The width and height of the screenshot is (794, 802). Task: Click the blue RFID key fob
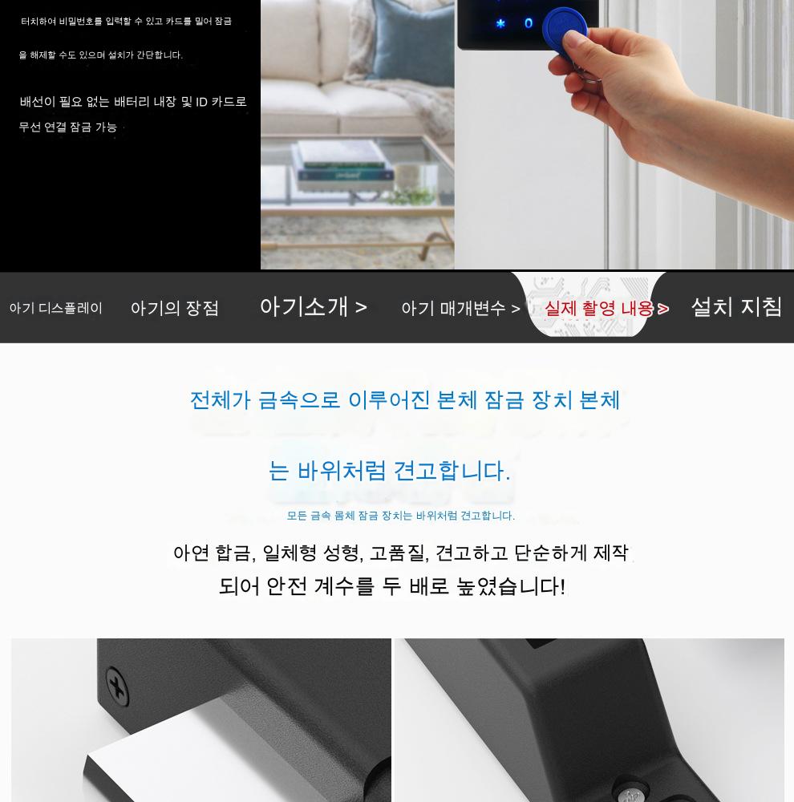[563, 30]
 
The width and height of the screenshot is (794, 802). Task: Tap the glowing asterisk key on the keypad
[500, 23]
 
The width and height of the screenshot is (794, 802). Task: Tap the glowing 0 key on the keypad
[529, 23]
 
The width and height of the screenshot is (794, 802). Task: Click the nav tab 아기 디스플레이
[56, 308]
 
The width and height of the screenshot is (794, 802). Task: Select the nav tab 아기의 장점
[175, 308]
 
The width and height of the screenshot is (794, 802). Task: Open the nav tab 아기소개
[313, 306]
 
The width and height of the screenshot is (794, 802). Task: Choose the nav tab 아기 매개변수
[460, 308]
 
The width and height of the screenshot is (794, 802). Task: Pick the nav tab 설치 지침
[736, 307]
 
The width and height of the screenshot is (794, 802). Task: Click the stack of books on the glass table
[342, 163]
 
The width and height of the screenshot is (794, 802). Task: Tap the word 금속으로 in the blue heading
[299, 399]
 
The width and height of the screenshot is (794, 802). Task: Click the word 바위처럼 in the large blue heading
[342, 470]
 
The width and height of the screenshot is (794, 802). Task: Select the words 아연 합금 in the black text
[214, 553]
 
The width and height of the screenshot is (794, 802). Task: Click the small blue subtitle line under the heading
[400, 515]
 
